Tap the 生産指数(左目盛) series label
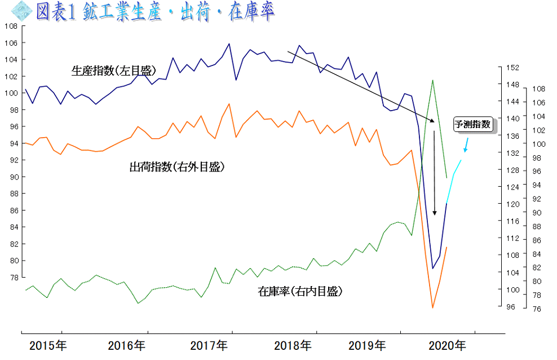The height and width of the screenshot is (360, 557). [x=113, y=71]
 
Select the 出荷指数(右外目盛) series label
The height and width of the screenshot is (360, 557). [x=177, y=167]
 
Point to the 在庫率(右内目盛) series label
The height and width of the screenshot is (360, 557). [x=300, y=292]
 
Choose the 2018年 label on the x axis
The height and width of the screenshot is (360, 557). [x=292, y=345]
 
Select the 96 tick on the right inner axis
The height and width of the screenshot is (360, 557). [x=511, y=308]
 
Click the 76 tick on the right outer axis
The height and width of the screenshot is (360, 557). [x=537, y=309]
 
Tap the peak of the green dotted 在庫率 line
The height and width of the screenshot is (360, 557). [x=432, y=80]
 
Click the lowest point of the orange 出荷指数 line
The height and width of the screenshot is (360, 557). [x=432, y=308]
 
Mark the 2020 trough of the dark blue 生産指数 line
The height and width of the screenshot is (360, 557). [x=432, y=268]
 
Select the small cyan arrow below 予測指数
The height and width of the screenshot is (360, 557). [x=466, y=145]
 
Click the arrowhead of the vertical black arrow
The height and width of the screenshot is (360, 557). [x=434, y=213]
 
